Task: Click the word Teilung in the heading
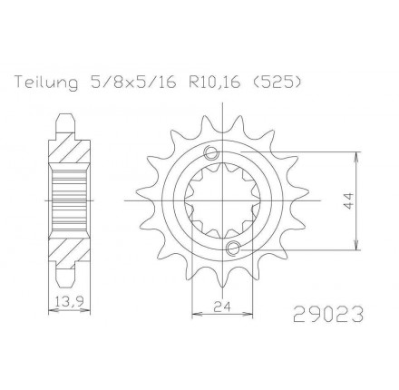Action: point(46,83)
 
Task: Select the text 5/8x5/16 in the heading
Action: point(132,82)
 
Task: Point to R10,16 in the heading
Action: point(215,83)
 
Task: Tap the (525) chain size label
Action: point(277,83)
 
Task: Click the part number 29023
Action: point(327,314)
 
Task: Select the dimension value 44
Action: point(348,200)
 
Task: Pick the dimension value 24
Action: point(222,307)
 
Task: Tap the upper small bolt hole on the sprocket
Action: point(210,153)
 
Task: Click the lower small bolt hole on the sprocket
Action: point(233,248)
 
